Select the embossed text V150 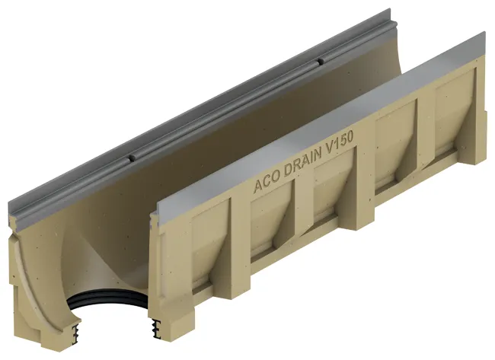pyautogui.click(x=340, y=142)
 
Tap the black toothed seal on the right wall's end pyautogui.click(x=155, y=329)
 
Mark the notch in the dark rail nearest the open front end pyautogui.click(x=133, y=159)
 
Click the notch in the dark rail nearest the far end pyautogui.click(x=321, y=61)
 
